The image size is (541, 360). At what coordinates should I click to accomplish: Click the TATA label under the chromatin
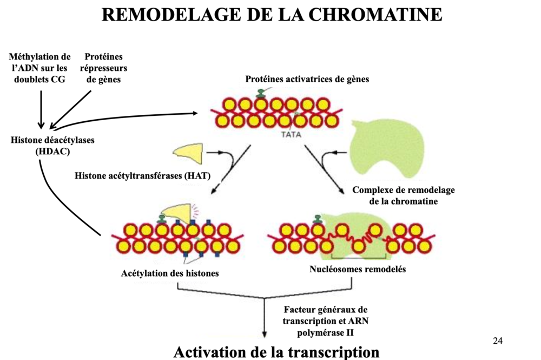coord(291,134)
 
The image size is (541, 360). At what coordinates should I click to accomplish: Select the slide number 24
coord(498,341)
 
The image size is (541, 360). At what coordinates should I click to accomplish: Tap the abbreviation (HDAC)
coord(52,152)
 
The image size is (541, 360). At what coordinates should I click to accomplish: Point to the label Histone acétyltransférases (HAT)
coord(142,175)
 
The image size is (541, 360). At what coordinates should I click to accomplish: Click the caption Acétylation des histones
coord(170,273)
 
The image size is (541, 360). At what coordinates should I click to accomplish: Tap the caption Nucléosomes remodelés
coord(358,269)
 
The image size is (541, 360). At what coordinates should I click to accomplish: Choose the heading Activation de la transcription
coord(276,351)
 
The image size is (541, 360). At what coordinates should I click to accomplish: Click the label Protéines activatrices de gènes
coord(307,80)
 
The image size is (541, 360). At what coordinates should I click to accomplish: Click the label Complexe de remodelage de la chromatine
coord(404,195)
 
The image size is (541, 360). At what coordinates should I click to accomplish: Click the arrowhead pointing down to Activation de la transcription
coord(265,334)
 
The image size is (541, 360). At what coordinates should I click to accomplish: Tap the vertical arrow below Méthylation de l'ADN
coord(41,108)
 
